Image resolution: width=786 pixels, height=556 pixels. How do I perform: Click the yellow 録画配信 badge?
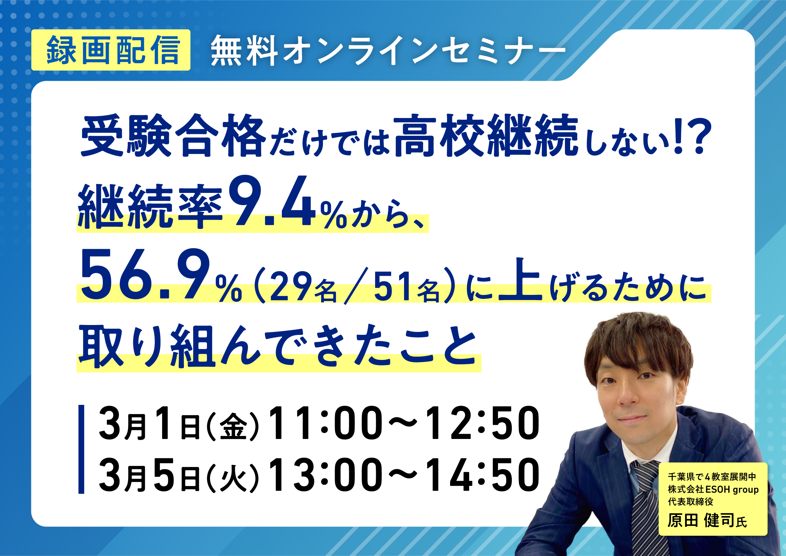tap(111, 50)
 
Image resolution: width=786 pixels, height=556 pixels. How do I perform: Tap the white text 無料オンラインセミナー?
tap(388, 51)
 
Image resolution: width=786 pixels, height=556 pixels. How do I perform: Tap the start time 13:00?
tap(325, 475)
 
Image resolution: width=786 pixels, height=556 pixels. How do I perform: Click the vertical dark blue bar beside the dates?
tap(81, 449)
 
